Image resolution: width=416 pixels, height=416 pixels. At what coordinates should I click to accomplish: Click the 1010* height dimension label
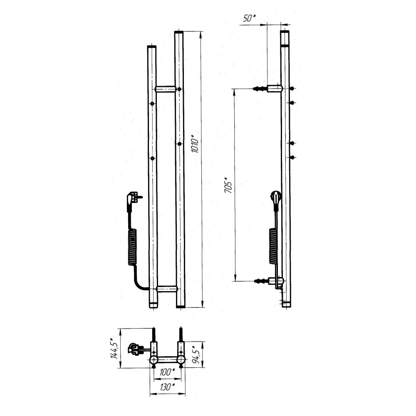(195, 144)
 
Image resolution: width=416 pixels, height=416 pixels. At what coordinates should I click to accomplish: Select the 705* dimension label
(228, 185)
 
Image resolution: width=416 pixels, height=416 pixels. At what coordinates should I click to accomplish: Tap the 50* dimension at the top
(249, 18)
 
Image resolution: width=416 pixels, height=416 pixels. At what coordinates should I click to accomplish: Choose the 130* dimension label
(167, 387)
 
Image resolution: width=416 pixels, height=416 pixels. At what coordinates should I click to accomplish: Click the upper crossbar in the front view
(166, 89)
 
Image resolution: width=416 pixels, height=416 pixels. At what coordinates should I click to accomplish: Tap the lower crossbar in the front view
(167, 289)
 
